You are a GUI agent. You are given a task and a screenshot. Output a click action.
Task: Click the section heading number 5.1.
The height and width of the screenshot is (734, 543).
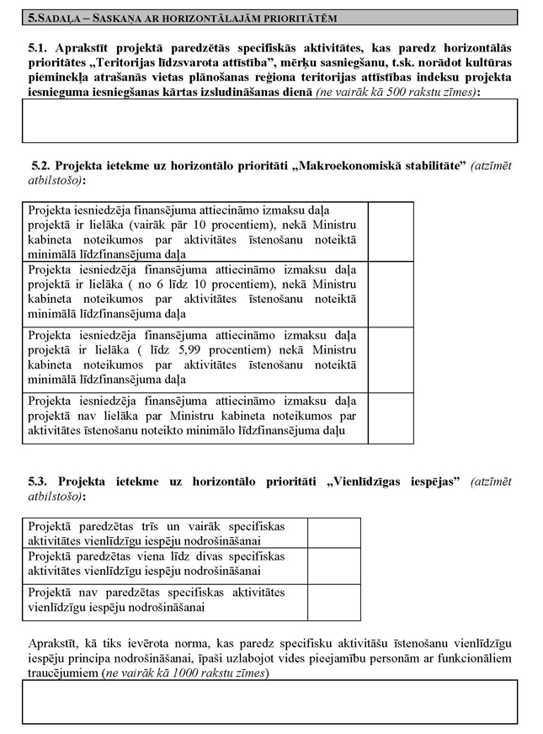pos(38,51)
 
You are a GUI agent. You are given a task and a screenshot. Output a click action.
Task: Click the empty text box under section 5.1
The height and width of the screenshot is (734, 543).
pos(270,121)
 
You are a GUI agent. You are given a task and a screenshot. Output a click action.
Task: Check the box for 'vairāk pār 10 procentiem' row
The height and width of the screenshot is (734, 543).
pos(391,231)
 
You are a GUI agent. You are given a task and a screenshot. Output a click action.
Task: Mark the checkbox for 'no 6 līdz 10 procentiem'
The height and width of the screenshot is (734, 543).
pos(391,294)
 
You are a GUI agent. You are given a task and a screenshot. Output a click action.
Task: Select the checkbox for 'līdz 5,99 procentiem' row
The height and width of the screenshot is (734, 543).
pos(391,359)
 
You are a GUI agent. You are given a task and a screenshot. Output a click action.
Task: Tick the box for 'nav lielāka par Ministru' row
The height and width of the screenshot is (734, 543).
pos(391,418)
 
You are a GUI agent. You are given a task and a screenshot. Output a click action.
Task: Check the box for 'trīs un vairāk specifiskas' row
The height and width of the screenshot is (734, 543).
pos(333,532)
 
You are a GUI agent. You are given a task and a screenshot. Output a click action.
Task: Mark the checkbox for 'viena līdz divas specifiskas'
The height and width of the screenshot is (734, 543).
pos(333,564)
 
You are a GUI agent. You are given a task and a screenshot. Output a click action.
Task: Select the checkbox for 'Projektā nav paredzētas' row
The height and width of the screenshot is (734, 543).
pos(333,599)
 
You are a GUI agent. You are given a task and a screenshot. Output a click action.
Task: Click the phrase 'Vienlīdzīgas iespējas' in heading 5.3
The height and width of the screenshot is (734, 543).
pos(398,481)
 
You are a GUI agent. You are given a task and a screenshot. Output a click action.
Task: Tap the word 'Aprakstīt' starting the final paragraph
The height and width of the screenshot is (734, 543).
pos(53,642)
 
